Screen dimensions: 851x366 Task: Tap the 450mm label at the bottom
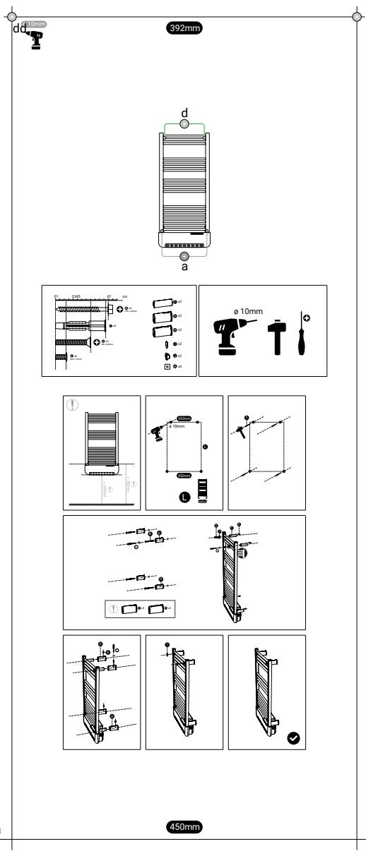[183, 826]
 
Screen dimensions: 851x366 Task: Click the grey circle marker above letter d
[184, 123]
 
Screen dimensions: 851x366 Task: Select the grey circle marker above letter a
[184, 255]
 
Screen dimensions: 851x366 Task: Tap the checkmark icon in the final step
[293, 738]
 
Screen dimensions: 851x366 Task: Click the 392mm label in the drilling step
[185, 418]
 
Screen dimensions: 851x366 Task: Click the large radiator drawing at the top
[184, 187]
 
